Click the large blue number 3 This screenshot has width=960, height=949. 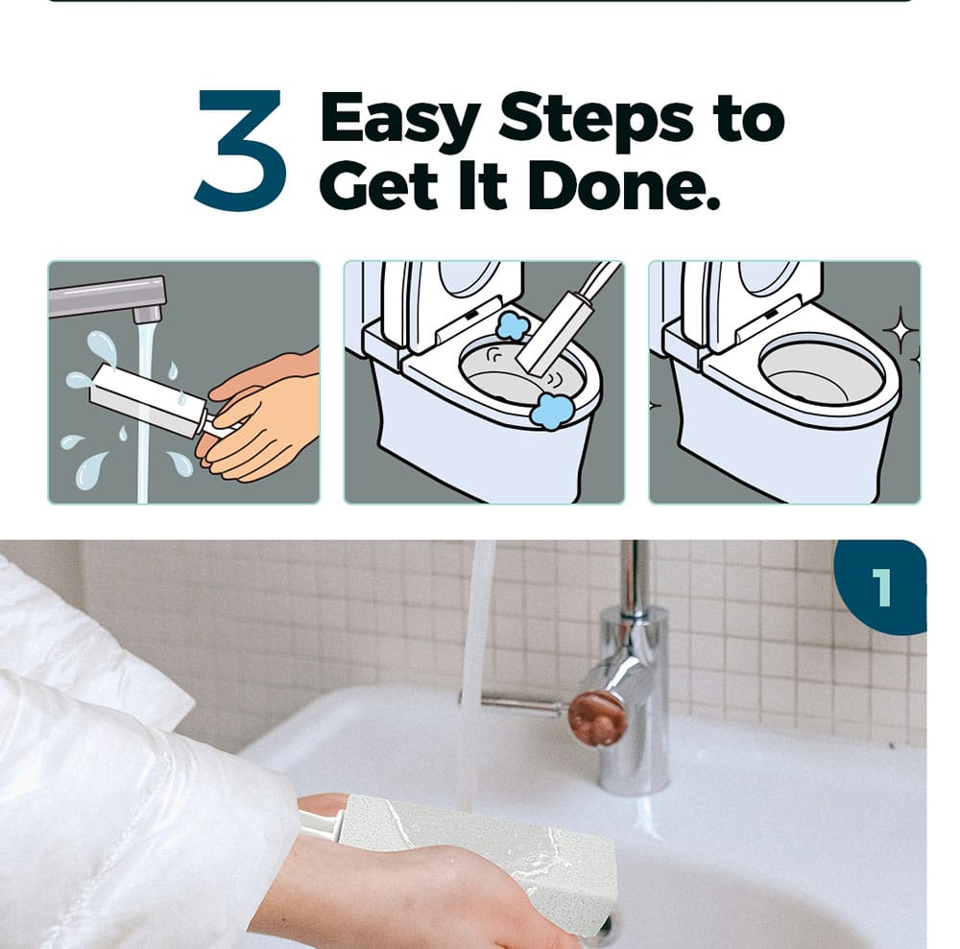[240, 150]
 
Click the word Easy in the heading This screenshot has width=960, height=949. [399, 121]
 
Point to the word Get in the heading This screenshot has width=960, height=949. [386, 185]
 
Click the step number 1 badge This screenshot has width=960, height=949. [880, 587]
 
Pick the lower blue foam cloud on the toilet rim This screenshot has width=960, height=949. [551, 410]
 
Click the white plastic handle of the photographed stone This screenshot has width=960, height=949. [321, 821]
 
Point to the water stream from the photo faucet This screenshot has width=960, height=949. [476, 673]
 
